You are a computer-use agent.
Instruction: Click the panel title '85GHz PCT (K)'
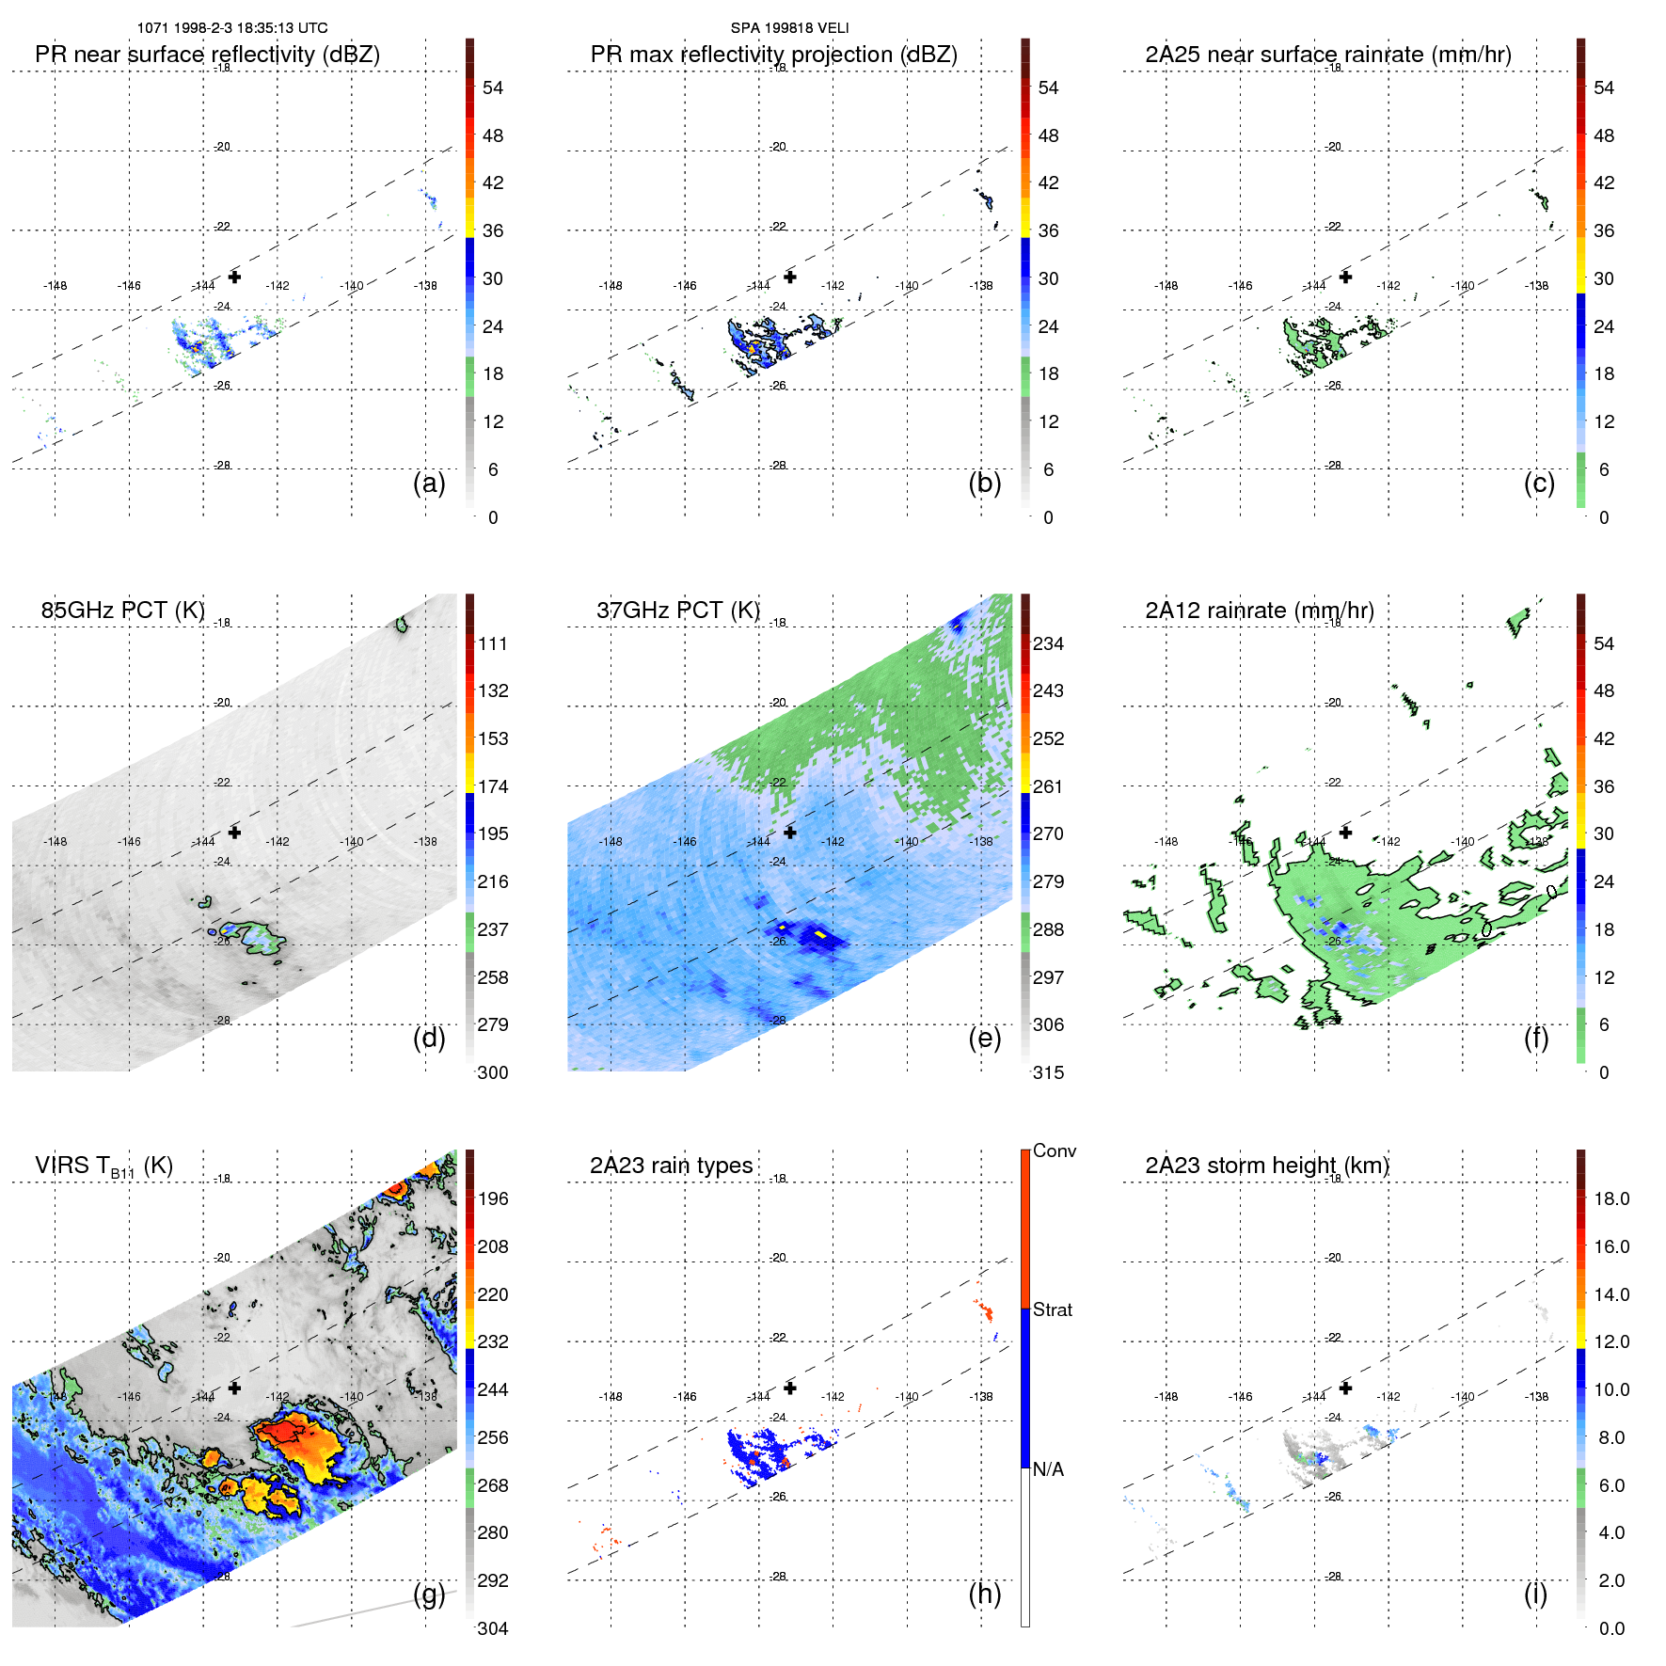coord(122,610)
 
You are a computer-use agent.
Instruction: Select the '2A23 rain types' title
coord(671,1166)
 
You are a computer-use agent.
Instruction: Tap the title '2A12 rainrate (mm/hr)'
coord(1259,610)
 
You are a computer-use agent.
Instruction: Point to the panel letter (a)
coord(429,483)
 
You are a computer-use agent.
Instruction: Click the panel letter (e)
coord(985,1038)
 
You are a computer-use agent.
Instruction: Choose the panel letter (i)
coord(1535,1594)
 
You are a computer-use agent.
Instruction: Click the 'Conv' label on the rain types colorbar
coord(1054,1150)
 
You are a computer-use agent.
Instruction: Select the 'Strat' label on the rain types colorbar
coord(1052,1309)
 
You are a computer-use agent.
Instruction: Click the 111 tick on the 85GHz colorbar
coord(493,643)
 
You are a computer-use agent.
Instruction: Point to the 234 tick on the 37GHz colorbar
coord(1048,643)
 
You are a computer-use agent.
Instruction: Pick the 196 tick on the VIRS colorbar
coord(493,1198)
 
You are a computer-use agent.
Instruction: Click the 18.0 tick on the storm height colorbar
coord(1610,1198)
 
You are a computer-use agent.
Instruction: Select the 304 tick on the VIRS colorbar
coord(493,1628)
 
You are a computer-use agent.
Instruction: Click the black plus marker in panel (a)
coord(234,277)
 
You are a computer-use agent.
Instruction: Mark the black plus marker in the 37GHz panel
coord(790,833)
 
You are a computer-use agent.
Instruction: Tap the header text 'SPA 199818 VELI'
coord(789,28)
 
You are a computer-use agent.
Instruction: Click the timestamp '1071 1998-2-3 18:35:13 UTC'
coord(232,28)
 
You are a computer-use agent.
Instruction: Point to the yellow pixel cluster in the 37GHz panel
coord(820,934)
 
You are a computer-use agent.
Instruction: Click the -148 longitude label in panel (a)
coord(55,286)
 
